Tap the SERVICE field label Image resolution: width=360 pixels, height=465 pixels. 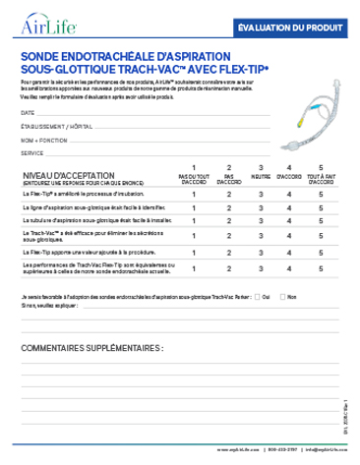click(31, 153)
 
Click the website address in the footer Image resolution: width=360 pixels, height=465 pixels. click(233, 451)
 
